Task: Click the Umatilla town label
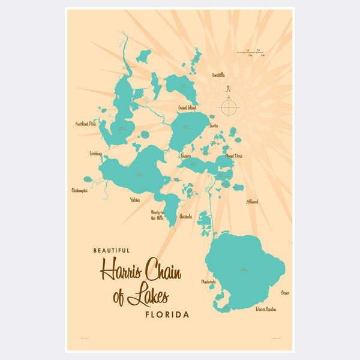(x=218, y=75)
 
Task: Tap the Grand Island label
(x=187, y=108)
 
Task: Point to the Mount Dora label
(x=233, y=156)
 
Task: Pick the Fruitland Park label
(x=85, y=124)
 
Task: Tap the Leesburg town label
(x=95, y=154)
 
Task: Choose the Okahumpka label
(x=79, y=190)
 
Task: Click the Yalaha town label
(x=134, y=200)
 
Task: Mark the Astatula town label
(x=185, y=217)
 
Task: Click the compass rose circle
(x=229, y=108)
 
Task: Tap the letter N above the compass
(x=229, y=90)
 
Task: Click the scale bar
(x=250, y=53)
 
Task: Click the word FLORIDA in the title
(x=167, y=314)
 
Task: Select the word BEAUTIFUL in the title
(x=111, y=251)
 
